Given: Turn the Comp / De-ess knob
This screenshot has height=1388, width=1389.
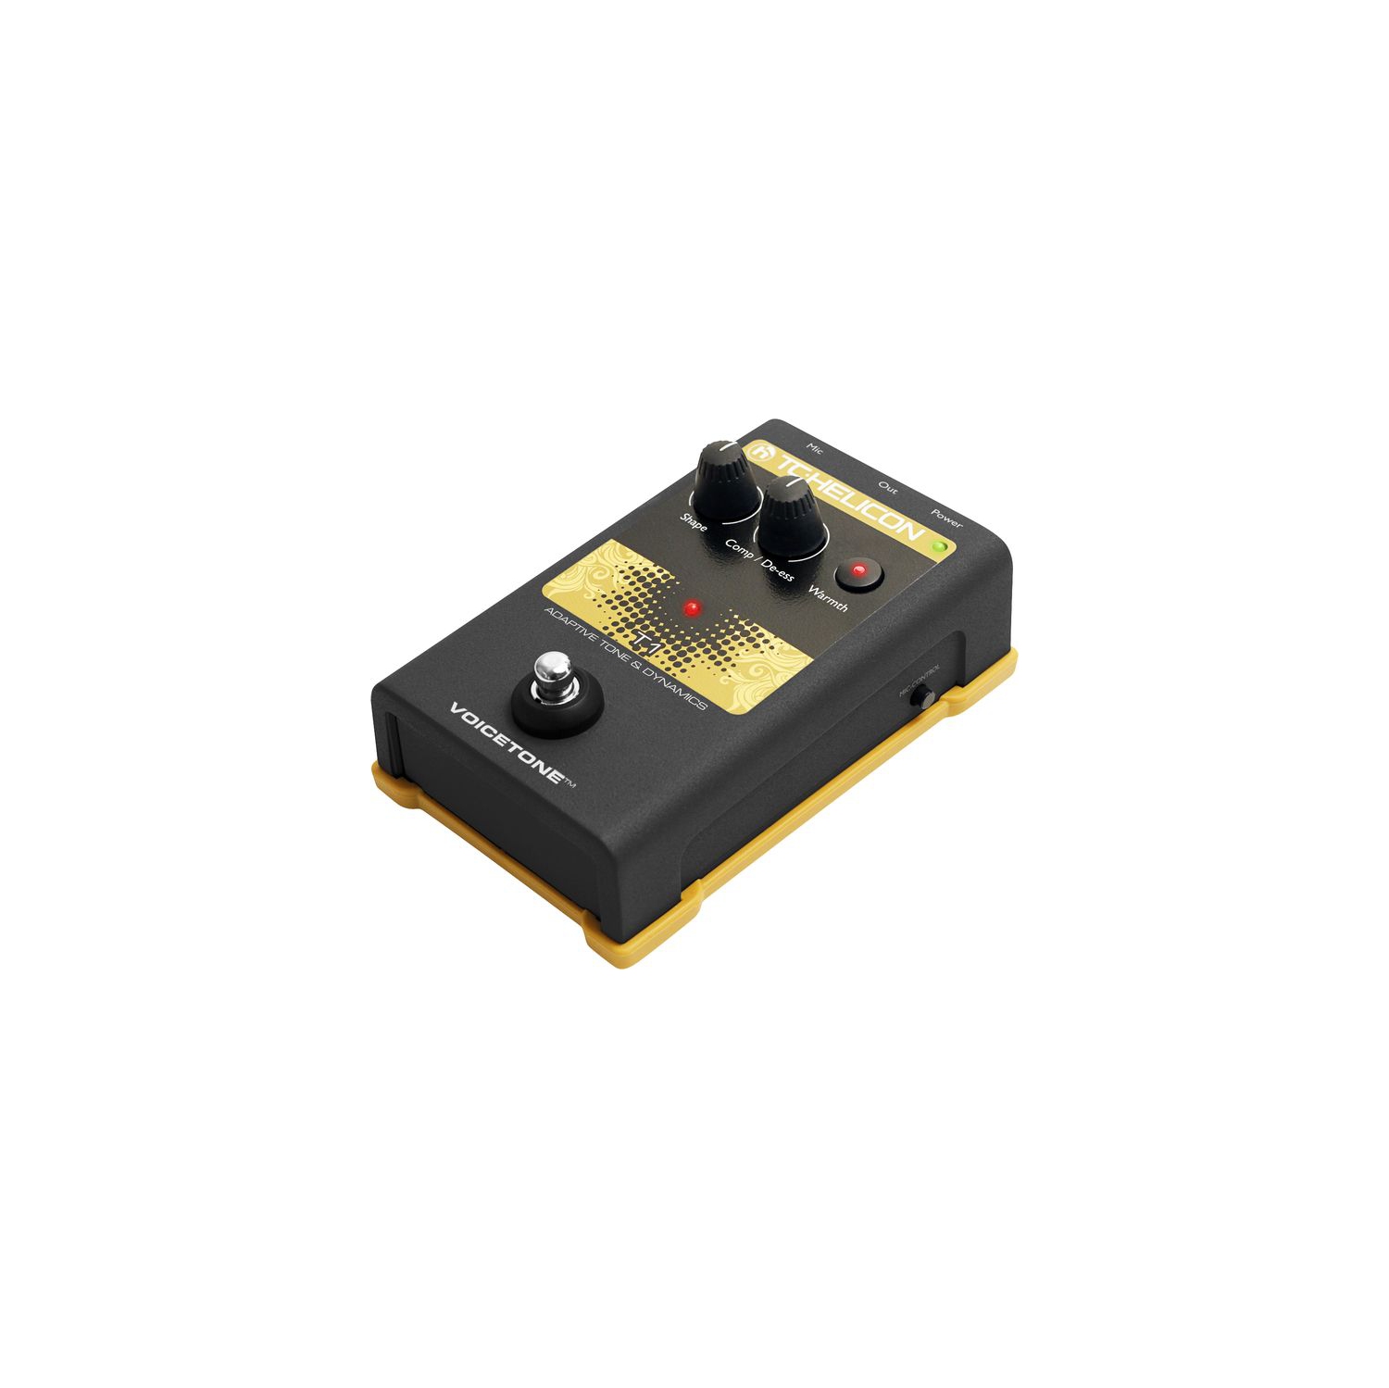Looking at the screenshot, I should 793,519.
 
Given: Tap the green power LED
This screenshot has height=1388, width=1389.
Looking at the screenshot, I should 941,545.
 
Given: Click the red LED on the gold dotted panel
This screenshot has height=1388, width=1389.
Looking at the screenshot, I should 692,608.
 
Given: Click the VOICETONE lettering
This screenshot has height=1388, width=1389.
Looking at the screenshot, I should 507,743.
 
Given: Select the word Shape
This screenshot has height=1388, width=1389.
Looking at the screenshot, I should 694,520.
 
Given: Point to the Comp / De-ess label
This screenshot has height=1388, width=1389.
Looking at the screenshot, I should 759,559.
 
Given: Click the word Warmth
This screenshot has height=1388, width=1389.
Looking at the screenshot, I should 828,598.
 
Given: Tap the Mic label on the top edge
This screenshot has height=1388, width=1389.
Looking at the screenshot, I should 814,448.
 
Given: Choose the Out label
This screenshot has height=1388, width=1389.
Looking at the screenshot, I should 887,487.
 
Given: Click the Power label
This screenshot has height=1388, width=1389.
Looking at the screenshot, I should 946,519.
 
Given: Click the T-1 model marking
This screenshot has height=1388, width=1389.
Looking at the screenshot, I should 645,642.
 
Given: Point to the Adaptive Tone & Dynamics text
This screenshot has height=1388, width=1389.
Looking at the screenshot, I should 625,658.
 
